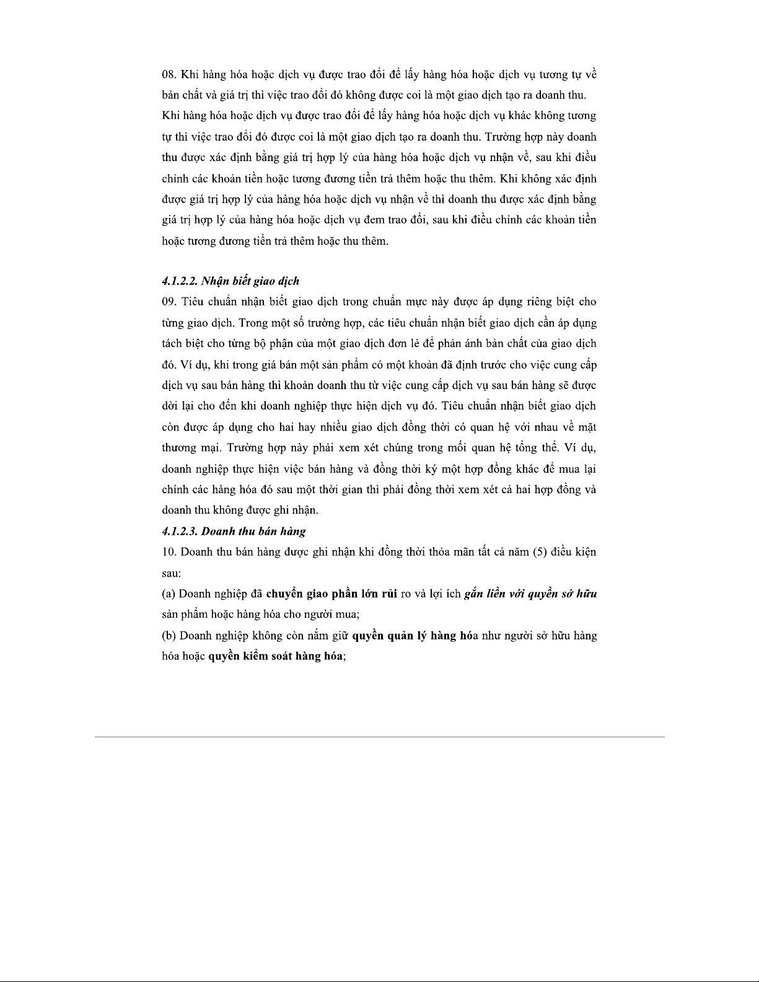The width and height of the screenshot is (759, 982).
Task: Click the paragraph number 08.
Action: [168, 75]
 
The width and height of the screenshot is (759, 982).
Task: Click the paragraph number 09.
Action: [168, 302]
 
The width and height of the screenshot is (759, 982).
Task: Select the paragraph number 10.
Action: [168, 552]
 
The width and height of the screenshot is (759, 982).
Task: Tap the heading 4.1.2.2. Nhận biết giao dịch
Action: [230, 281]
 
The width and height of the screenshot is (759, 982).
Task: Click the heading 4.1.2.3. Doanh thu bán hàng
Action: [234, 531]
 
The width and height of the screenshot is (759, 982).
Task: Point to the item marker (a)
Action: [169, 594]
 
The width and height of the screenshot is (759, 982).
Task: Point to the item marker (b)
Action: [169, 635]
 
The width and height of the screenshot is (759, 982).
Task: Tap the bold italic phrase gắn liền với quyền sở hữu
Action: [530, 594]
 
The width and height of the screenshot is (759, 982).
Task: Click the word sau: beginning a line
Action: [171, 573]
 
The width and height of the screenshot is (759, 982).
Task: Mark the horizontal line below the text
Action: [379, 737]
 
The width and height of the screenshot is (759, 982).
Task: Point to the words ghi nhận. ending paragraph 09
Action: [296, 511]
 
